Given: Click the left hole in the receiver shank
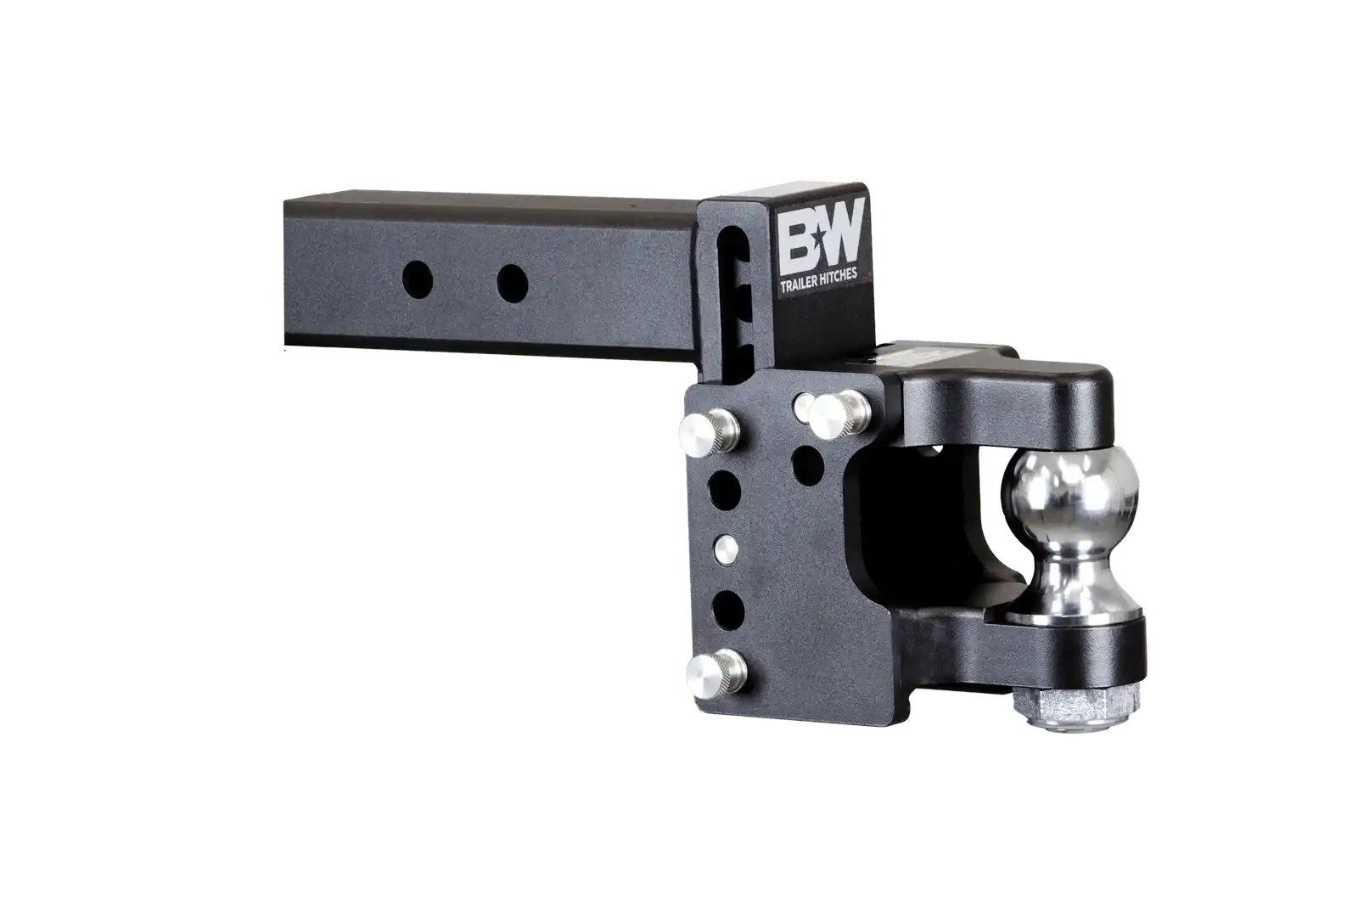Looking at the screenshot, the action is click(x=418, y=279).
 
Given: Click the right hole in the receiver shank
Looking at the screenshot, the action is click(x=513, y=284).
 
